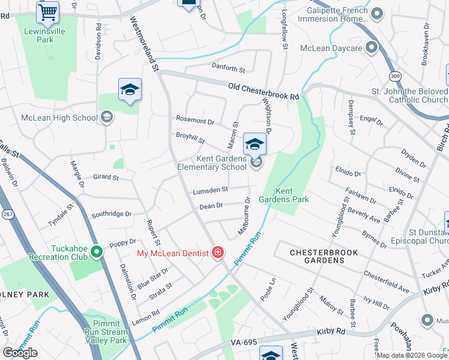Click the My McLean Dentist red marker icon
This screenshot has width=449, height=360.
(218, 253)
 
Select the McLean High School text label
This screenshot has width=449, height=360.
(59, 118)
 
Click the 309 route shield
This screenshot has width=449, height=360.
(394, 76)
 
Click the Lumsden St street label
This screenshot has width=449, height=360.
(210, 190)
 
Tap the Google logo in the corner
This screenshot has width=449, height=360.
(20, 353)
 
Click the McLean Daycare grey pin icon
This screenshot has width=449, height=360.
(372, 47)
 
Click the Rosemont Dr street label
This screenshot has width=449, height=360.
(194, 121)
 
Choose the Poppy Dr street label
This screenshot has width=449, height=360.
(123, 244)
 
